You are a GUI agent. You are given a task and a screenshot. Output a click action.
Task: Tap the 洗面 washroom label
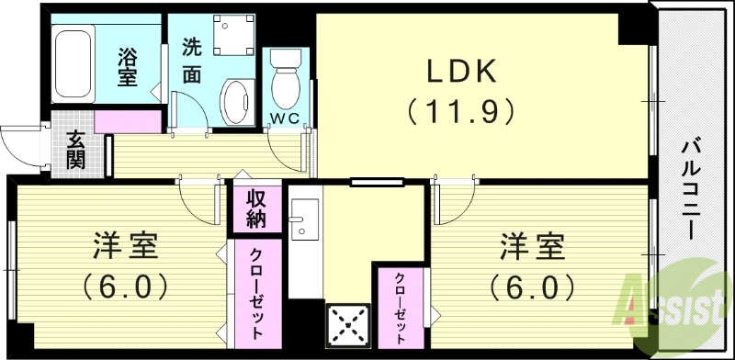click(191, 61)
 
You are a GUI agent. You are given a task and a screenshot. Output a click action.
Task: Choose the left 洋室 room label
click(126, 248)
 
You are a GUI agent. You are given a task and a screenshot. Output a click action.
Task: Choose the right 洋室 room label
click(532, 248)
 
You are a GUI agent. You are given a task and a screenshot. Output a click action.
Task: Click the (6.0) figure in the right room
click(532, 287)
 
